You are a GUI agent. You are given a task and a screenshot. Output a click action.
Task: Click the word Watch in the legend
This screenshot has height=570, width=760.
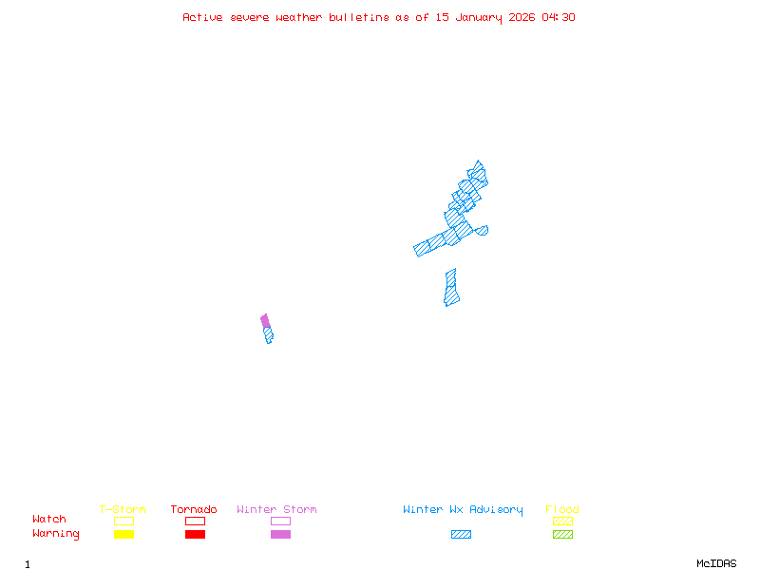[49, 520]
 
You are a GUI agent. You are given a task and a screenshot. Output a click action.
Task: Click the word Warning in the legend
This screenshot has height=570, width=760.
[56, 534]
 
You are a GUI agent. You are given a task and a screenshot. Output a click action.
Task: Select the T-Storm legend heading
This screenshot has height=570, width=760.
[123, 510]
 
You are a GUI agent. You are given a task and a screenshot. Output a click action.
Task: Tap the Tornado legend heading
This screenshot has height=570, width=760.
[194, 510]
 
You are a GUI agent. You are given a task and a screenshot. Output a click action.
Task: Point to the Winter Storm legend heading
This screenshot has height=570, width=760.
[276, 510]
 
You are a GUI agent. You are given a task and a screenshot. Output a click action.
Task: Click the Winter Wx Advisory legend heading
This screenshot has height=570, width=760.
[463, 510]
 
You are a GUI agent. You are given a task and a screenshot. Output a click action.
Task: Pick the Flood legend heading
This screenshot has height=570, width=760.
[562, 510]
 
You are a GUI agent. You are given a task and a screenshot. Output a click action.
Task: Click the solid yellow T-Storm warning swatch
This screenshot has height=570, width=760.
[123, 535]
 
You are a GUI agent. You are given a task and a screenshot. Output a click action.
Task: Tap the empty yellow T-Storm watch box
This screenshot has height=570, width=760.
[123, 521]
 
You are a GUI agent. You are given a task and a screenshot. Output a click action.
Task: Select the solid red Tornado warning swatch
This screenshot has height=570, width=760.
[195, 535]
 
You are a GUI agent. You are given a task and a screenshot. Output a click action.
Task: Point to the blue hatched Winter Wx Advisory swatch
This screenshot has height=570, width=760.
[461, 535]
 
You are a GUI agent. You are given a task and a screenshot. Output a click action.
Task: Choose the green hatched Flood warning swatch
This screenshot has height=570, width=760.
[562, 535]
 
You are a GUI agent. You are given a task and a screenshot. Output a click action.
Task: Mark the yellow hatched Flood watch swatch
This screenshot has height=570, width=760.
[562, 521]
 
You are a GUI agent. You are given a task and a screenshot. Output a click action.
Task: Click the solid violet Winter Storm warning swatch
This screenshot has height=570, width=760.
[280, 535]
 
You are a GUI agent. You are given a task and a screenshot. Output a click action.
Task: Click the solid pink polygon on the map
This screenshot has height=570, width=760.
[265, 321]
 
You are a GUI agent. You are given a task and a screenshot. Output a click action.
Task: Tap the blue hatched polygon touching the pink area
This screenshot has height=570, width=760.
[269, 334]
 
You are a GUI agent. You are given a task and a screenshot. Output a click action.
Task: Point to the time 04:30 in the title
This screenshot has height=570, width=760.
[559, 17]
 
